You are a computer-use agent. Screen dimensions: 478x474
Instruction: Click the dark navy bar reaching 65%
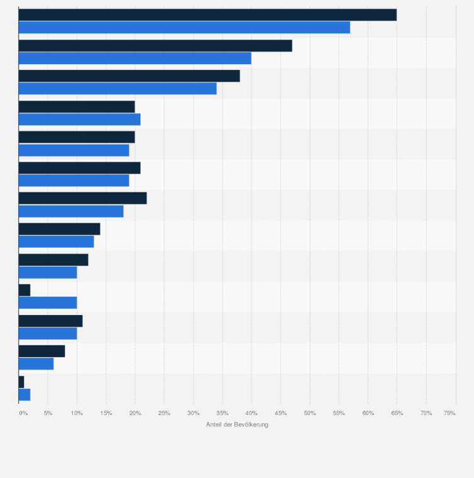207,15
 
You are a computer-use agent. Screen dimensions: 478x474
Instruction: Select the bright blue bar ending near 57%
184,27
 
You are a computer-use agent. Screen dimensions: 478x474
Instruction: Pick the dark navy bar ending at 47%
155,46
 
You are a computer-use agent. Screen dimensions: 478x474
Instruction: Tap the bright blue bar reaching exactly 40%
135,58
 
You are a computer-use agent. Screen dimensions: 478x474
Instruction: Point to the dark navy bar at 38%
129,76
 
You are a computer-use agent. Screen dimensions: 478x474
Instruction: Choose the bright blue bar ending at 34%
118,89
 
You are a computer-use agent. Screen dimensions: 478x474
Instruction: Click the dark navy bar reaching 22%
82,198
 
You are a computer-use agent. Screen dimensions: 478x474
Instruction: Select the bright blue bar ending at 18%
71,211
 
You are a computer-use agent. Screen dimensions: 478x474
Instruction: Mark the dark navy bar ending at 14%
59,229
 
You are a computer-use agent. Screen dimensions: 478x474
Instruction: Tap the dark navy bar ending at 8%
41,351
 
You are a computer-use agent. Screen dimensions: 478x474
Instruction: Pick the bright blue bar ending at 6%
36,364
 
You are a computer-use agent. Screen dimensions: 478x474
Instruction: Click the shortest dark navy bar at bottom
21,382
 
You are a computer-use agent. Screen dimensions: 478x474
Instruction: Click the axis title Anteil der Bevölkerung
237,425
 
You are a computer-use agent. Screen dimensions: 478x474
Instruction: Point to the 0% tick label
23,413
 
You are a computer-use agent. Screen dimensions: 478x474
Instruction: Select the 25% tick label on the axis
164,413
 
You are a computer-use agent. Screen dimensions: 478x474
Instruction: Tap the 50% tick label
310,413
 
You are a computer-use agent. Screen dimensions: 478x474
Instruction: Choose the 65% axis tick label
397,413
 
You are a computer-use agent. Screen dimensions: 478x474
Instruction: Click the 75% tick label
449,413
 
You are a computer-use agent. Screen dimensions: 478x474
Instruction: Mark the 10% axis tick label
77,413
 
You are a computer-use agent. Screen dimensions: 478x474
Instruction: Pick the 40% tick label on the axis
251,413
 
